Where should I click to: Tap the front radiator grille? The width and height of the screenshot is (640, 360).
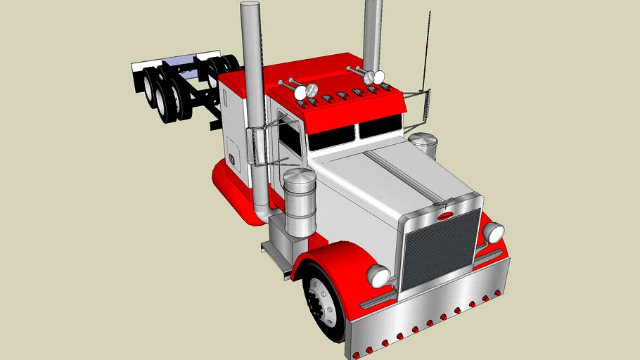tap(440, 250)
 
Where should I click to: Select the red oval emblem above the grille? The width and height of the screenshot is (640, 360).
tap(445, 216)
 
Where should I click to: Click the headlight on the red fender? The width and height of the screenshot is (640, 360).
tap(378, 276)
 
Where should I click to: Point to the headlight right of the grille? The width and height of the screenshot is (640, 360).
tap(494, 232)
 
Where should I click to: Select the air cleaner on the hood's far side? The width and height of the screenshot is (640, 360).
tap(423, 146)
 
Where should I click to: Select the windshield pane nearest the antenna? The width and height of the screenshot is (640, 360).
tap(379, 127)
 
